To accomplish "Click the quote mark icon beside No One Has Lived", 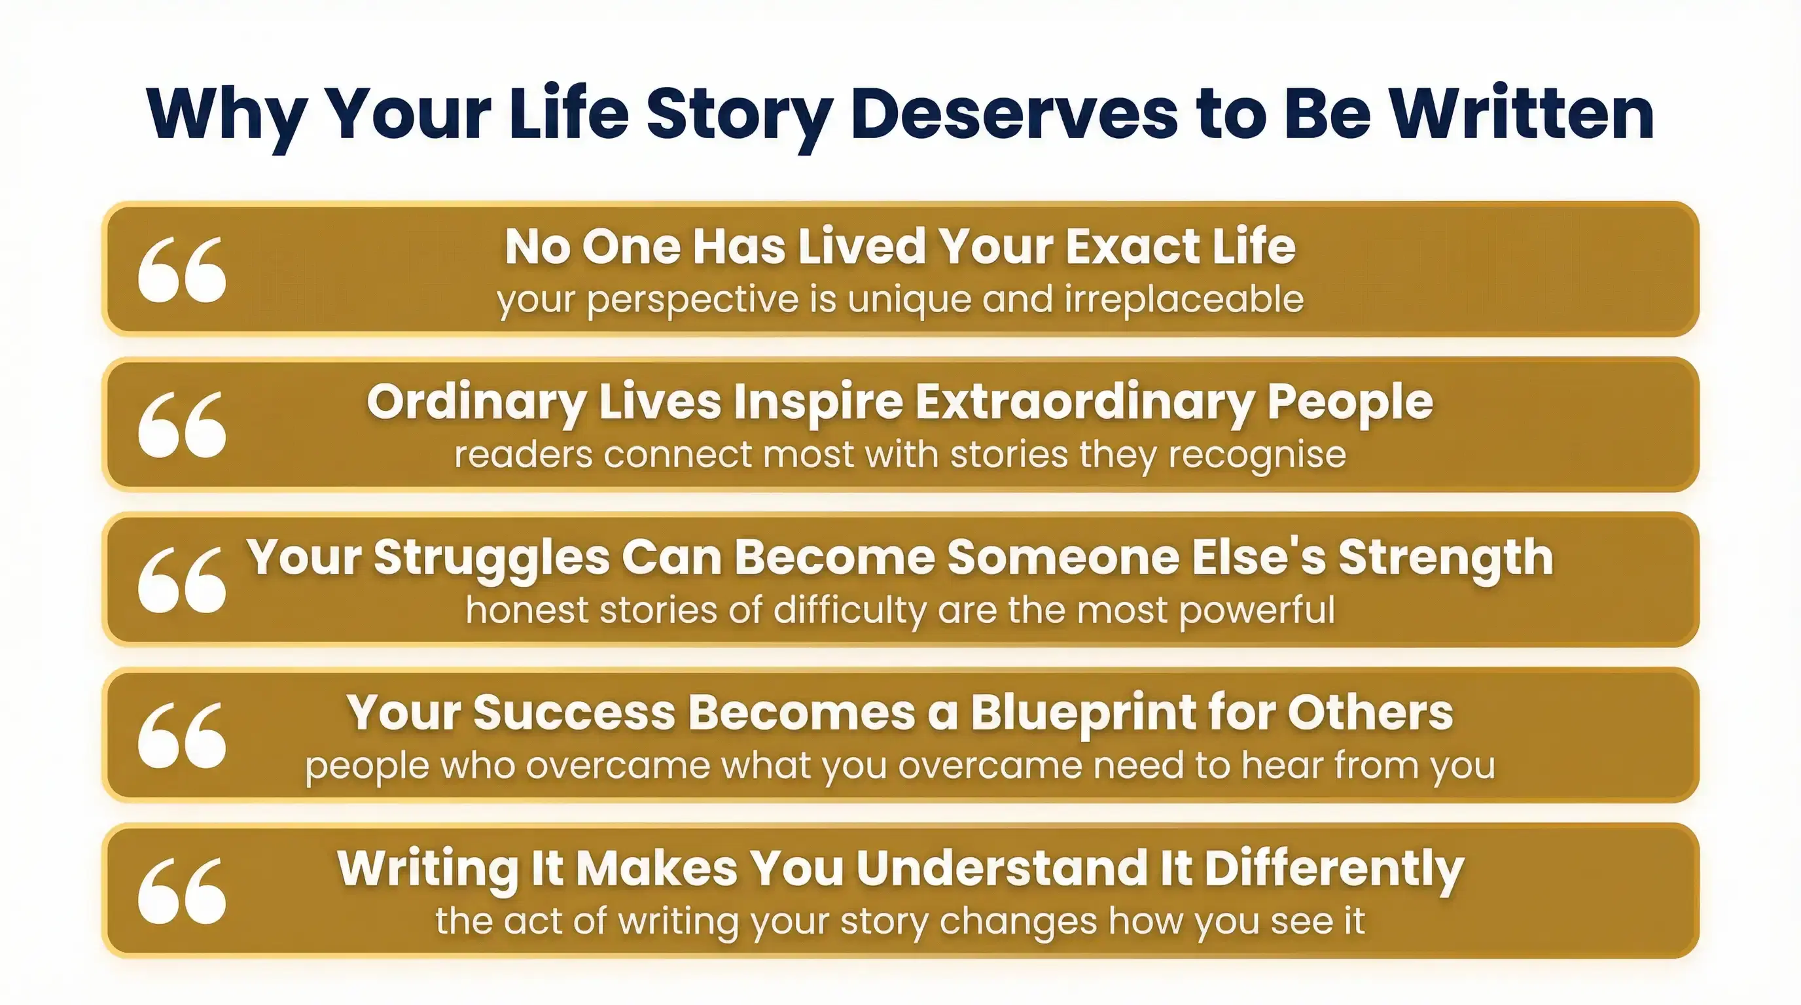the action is coord(182,270).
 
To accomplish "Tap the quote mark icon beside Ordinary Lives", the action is coord(182,425).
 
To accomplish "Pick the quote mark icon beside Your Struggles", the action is coord(182,580).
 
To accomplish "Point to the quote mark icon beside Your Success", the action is coord(182,735).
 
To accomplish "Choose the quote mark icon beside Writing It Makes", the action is coord(182,891).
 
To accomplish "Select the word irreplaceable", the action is coord(1185,300).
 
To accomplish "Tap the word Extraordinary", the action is coord(1085,403).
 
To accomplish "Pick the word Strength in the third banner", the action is coord(1446,559).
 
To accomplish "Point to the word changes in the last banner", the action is coord(1018,922).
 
